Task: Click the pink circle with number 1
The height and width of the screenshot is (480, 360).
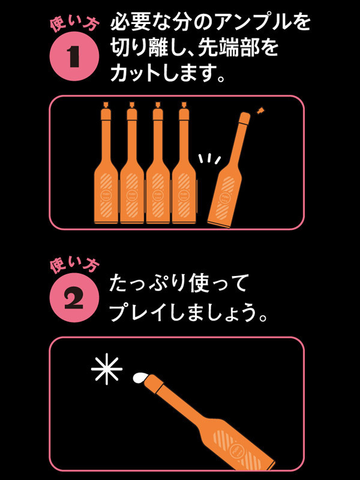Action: pos(74,56)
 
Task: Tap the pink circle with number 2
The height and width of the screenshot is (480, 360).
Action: pos(74,298)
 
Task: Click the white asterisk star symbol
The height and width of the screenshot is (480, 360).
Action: pos(107,369)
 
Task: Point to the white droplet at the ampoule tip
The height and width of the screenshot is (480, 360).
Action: pos(140,377)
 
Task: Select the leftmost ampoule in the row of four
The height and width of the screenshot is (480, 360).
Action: pos(106,163)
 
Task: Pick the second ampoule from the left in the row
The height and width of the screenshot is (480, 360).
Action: pos(132,163)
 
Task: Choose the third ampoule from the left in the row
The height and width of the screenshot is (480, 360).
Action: pos(158,163)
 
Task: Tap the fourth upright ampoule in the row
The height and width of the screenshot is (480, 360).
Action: pos(184,163)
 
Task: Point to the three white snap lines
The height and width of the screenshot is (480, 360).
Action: pos(209,159)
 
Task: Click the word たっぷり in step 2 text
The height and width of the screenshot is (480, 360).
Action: pos(147,283)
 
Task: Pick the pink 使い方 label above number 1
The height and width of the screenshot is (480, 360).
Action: pos(74,24)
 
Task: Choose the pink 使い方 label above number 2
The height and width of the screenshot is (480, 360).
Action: pos(74,265)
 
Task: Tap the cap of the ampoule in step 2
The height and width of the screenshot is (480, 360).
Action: pos(155,383)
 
